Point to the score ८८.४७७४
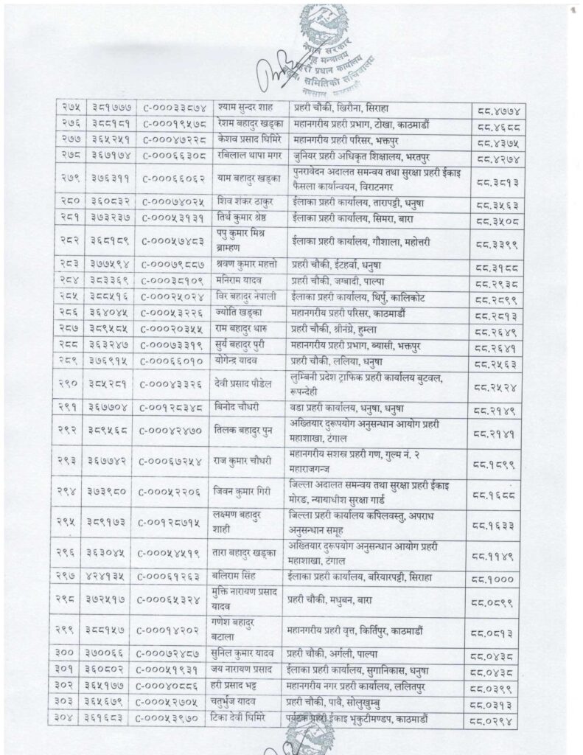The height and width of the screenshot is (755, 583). point(499,109)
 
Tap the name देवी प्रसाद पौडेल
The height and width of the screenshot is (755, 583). point(250,384)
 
